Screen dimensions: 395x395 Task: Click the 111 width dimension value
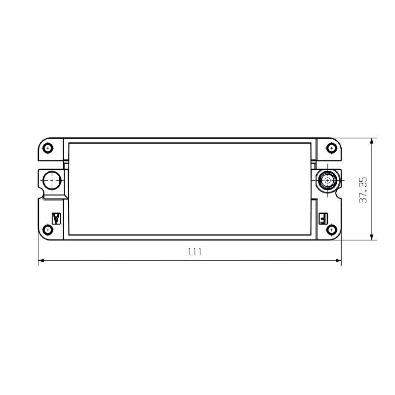coord(195,252)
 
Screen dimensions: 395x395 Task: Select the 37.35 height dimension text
coord(363,190)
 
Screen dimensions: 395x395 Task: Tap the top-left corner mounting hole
coord(48,148)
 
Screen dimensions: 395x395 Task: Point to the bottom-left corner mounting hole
coord(48,230)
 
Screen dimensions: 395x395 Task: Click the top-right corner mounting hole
coord(331,148)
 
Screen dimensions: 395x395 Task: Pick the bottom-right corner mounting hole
coord(331,230)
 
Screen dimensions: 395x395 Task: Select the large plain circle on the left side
coord(51,181)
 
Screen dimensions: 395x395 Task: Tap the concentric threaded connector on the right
coord(327,181)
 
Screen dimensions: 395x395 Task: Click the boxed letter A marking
coord(56,218)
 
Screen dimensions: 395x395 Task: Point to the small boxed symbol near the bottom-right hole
coord(323,217)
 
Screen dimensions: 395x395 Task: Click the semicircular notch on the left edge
coord(39,181)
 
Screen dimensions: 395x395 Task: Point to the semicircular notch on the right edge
coord(340,181)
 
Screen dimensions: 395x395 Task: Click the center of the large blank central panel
coord(191,189)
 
